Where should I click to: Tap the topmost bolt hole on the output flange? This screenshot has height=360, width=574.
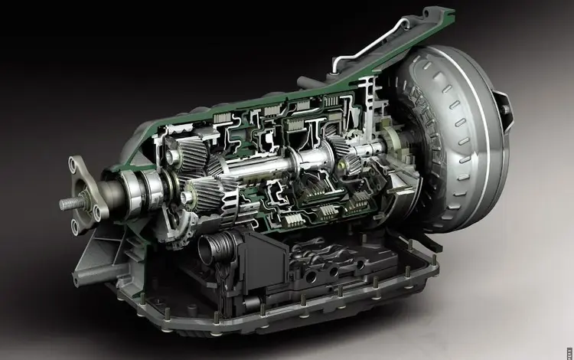click(76, 162)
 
